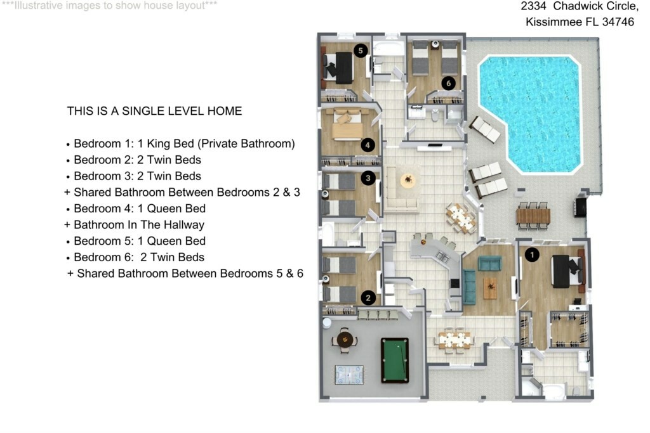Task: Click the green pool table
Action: tap(395, 360)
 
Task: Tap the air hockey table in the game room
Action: tap(349, 375)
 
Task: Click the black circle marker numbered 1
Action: tap(532, 255)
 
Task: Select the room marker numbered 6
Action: tap(448, 83)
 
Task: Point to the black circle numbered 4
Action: tap(368, 145)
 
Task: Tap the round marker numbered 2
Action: tap(368, 297)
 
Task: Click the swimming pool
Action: tap(530, 114)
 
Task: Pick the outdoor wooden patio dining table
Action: tap(533, 216)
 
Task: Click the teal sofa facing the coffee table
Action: tap(469, 287)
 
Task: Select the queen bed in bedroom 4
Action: tap(347, 124)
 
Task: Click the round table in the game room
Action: tap(345, 340)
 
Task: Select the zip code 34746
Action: tap(618, 22)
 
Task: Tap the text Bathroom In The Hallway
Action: tap(139, 225)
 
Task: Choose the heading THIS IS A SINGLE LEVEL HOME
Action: tap(155, 111)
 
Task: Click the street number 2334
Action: tap(533, 6)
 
